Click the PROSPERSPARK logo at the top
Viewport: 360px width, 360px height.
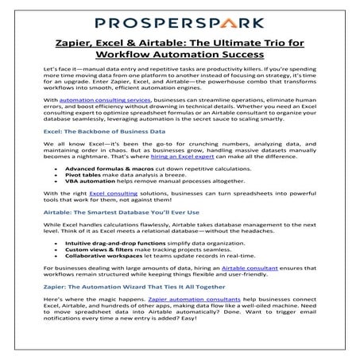click(x=180, y=16)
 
